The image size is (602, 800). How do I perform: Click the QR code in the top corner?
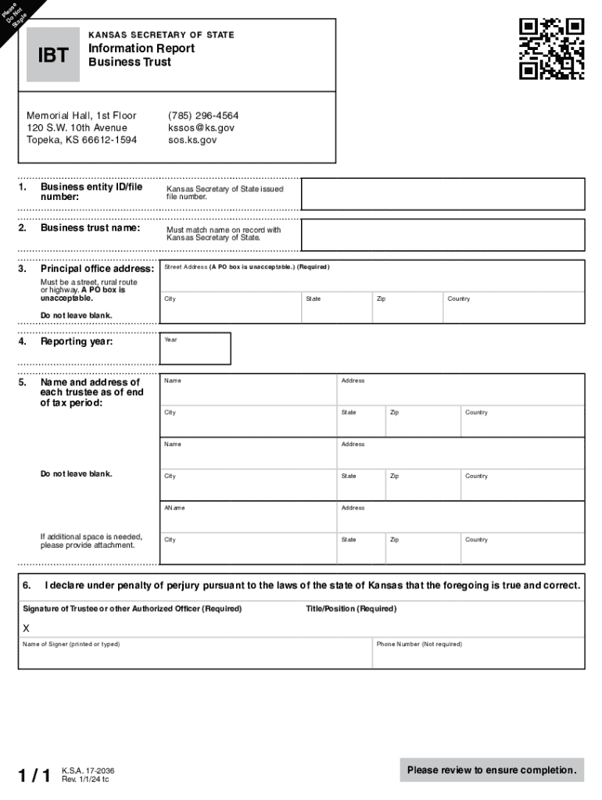[x=551, y=48]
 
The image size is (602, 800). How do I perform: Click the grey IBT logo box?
[x=53, y=55]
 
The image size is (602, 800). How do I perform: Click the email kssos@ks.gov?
[x=201, y=127]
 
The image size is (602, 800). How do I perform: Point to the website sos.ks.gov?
[x=192, y=140]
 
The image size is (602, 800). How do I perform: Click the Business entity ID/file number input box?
[x=443, y=194]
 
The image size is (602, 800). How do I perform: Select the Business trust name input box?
[x=443, y=234]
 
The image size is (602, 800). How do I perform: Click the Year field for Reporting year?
[x=195, y=349]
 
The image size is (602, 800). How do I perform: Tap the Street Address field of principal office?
[x=371, y=277]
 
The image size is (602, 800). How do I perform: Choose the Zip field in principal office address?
[x=406, y=308]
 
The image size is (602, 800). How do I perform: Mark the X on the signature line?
[x=27, y=628]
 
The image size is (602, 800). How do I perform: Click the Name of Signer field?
[x=195, y=655]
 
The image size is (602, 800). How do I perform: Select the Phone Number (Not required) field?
[x=478, y=655]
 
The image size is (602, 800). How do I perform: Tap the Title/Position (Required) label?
[x=351, y=609]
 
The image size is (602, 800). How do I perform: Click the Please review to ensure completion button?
[x=492, y=770]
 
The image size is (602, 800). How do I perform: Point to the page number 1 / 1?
[x=35, y=776]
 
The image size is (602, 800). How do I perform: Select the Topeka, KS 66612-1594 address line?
[x=82, y=140]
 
